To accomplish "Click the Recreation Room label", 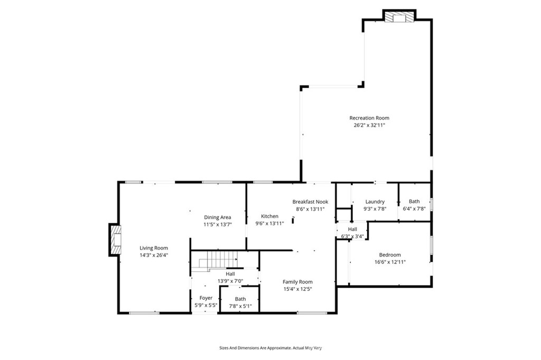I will tap(369, 118).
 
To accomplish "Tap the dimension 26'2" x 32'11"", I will tap(369, 126).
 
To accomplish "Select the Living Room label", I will tap(154, 248).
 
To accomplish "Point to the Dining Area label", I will tap(218, 217).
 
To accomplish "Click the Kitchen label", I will tap(269, 216).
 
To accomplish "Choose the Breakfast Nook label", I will tap(310, 202).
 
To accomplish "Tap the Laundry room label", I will tap(375, 202).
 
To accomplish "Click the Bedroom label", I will tap(390, 254).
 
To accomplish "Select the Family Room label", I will tap(297, 281).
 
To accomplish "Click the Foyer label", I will tap(206, 298).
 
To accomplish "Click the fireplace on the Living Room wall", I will tap(115, 240).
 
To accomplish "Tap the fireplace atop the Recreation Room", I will tap(399, 17).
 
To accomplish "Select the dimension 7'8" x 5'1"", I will tap(240, 306).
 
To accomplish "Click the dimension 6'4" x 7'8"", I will tap(414, 209).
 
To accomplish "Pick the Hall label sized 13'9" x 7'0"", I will tap(230, 274).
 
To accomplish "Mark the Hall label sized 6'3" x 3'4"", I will tap(352, 229).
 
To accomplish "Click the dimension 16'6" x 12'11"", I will tap(390, 262).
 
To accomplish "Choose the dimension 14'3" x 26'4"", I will tap(154, 255).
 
